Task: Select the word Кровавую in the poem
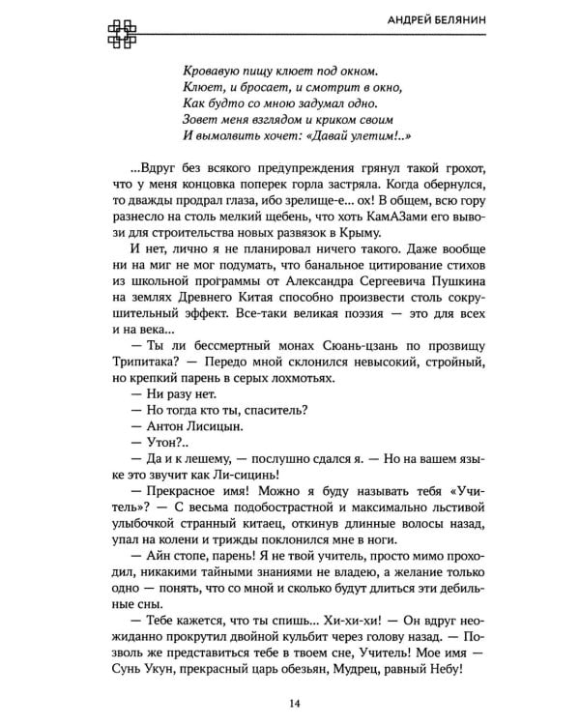[212, 70]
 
